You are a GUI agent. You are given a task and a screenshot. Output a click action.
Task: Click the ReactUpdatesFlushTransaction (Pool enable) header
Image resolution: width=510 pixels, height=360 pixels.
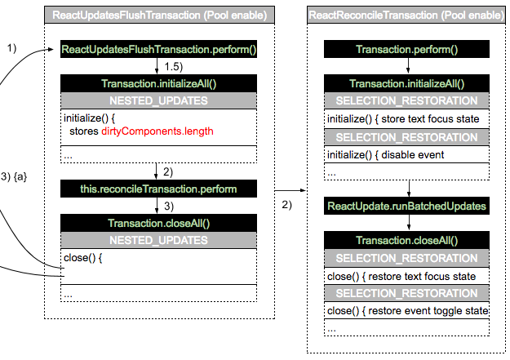point(159,15)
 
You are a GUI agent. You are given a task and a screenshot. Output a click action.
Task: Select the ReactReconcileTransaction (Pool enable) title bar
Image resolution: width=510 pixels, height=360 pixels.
point(406,15)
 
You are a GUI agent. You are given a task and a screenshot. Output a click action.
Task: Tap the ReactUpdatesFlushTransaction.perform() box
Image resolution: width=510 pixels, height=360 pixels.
point(159,49)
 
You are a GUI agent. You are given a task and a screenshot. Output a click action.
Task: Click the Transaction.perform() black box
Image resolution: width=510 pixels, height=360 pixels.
point(406,49)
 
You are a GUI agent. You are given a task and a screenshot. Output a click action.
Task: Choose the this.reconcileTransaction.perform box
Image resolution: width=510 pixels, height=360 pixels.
point(159,189)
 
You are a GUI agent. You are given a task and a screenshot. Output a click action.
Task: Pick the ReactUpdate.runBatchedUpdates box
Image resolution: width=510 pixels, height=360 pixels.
point(406,206)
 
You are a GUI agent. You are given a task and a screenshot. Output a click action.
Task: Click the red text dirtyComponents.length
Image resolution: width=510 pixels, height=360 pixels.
point(157,131)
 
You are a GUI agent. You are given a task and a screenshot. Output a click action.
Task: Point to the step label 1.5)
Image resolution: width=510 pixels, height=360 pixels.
point(173,67)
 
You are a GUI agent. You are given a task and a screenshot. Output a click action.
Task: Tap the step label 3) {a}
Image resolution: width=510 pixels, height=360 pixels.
point(14,177)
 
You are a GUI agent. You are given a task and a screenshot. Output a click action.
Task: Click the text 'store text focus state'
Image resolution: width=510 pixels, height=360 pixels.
point(430,119)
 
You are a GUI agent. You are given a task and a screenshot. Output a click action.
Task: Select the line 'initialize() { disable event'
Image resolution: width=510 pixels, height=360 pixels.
point(385,154)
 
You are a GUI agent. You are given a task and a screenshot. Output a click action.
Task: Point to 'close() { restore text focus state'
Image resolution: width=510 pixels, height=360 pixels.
point(401,277)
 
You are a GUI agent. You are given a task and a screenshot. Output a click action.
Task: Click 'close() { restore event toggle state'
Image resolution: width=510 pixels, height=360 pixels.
point(407,310)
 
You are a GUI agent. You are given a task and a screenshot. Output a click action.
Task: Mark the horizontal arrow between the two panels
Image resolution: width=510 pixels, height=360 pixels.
point(290,190)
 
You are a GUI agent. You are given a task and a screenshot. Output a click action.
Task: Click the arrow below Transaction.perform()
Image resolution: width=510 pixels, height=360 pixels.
point(408,65)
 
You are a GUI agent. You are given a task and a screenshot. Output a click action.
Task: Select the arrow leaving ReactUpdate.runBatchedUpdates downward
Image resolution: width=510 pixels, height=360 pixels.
point(409,222)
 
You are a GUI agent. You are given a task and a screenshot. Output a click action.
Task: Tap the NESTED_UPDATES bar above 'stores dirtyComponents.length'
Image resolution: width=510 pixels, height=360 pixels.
point(159,100)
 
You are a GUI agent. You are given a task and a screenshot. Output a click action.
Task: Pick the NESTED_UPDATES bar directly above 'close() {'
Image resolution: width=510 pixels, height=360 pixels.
point(159,240)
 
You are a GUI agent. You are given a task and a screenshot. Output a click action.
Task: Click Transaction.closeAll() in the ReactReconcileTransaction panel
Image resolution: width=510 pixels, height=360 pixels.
point(406,240)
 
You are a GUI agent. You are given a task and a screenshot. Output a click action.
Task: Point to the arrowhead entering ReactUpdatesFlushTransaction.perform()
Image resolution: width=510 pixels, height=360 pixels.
point(51,50)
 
